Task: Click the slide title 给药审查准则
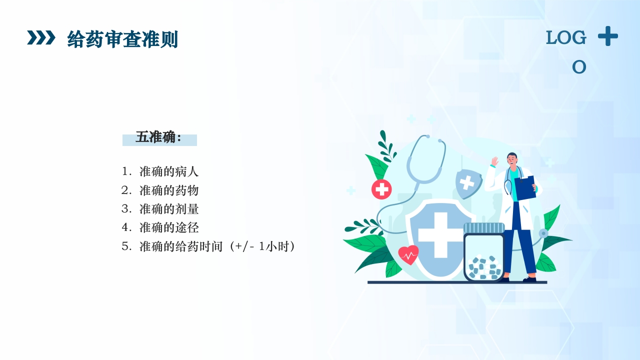coord(122,39)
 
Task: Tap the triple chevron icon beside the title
coord(41,37)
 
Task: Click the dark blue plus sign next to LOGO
coord(607,36)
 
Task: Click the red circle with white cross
coord(381,189)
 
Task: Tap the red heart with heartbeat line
coord(408,254)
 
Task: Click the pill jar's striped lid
coord(483,228)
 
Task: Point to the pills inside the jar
coord(483,267)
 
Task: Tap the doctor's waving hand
coord(494,161)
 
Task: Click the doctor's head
coord(512,159)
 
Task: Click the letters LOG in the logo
coord(565,37)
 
